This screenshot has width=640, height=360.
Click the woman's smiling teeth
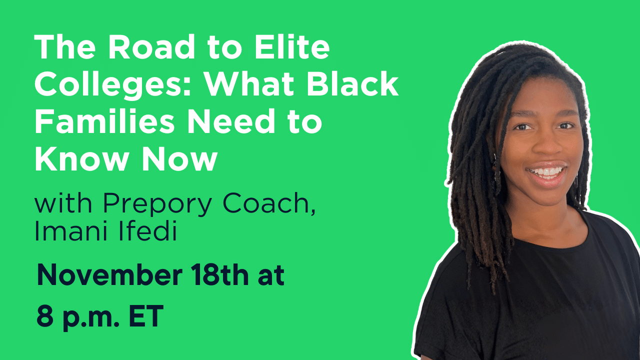[547, 171]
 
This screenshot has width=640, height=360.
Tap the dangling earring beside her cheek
[497, 175]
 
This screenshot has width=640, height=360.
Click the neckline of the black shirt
[550, 235]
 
